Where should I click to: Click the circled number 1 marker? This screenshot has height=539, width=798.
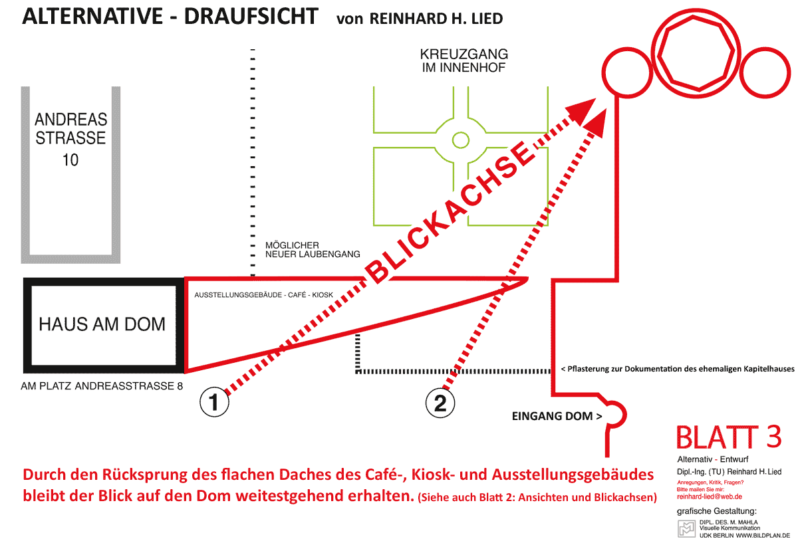pyautogui.click(x=214, y=402)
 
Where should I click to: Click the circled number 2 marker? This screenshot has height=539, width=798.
pyautogui.click(x=440, y=403)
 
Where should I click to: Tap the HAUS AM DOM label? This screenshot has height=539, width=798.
pyautogui.click(x=102, y=324)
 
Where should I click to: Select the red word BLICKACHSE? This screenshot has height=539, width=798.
pyautogui.click(x=450, y=213)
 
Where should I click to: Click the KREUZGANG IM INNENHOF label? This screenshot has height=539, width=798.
pyautogui.click(x=464, y=60)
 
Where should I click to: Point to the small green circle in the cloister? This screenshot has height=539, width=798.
pyautogui.click(x=461, y=140)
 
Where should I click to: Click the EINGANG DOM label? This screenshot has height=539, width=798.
pyautogui.click(x=557, y=416)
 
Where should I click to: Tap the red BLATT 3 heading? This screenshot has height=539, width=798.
pyautogui.click(x=729, y=437)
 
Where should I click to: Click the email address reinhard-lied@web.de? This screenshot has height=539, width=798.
pyautogui.click(x=710, y=496)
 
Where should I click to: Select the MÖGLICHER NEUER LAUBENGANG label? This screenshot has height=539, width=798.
pyautogui.click(x=313, y=250)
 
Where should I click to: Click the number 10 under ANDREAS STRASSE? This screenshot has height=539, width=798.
pyautogui.click(x=70, y=160)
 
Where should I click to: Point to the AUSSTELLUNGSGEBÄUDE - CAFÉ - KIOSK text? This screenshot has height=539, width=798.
pyautogui.click(x=263, y=295)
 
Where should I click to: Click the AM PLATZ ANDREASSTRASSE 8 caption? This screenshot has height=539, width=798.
pyautogui.click(x=102, y=386)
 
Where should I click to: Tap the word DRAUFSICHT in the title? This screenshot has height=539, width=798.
pyautogui.click(x=251, y=17)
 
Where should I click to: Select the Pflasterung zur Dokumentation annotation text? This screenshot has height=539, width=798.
pyautogui.click(x=677, y=369)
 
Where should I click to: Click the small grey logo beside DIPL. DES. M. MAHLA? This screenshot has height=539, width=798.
pyautogui.click(x=686, y=528)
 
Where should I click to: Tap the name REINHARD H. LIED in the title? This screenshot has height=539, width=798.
pyautogui.click(x=436, y=19)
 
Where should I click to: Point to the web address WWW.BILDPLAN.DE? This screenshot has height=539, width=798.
pyautogui.click(x=763, y=536)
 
